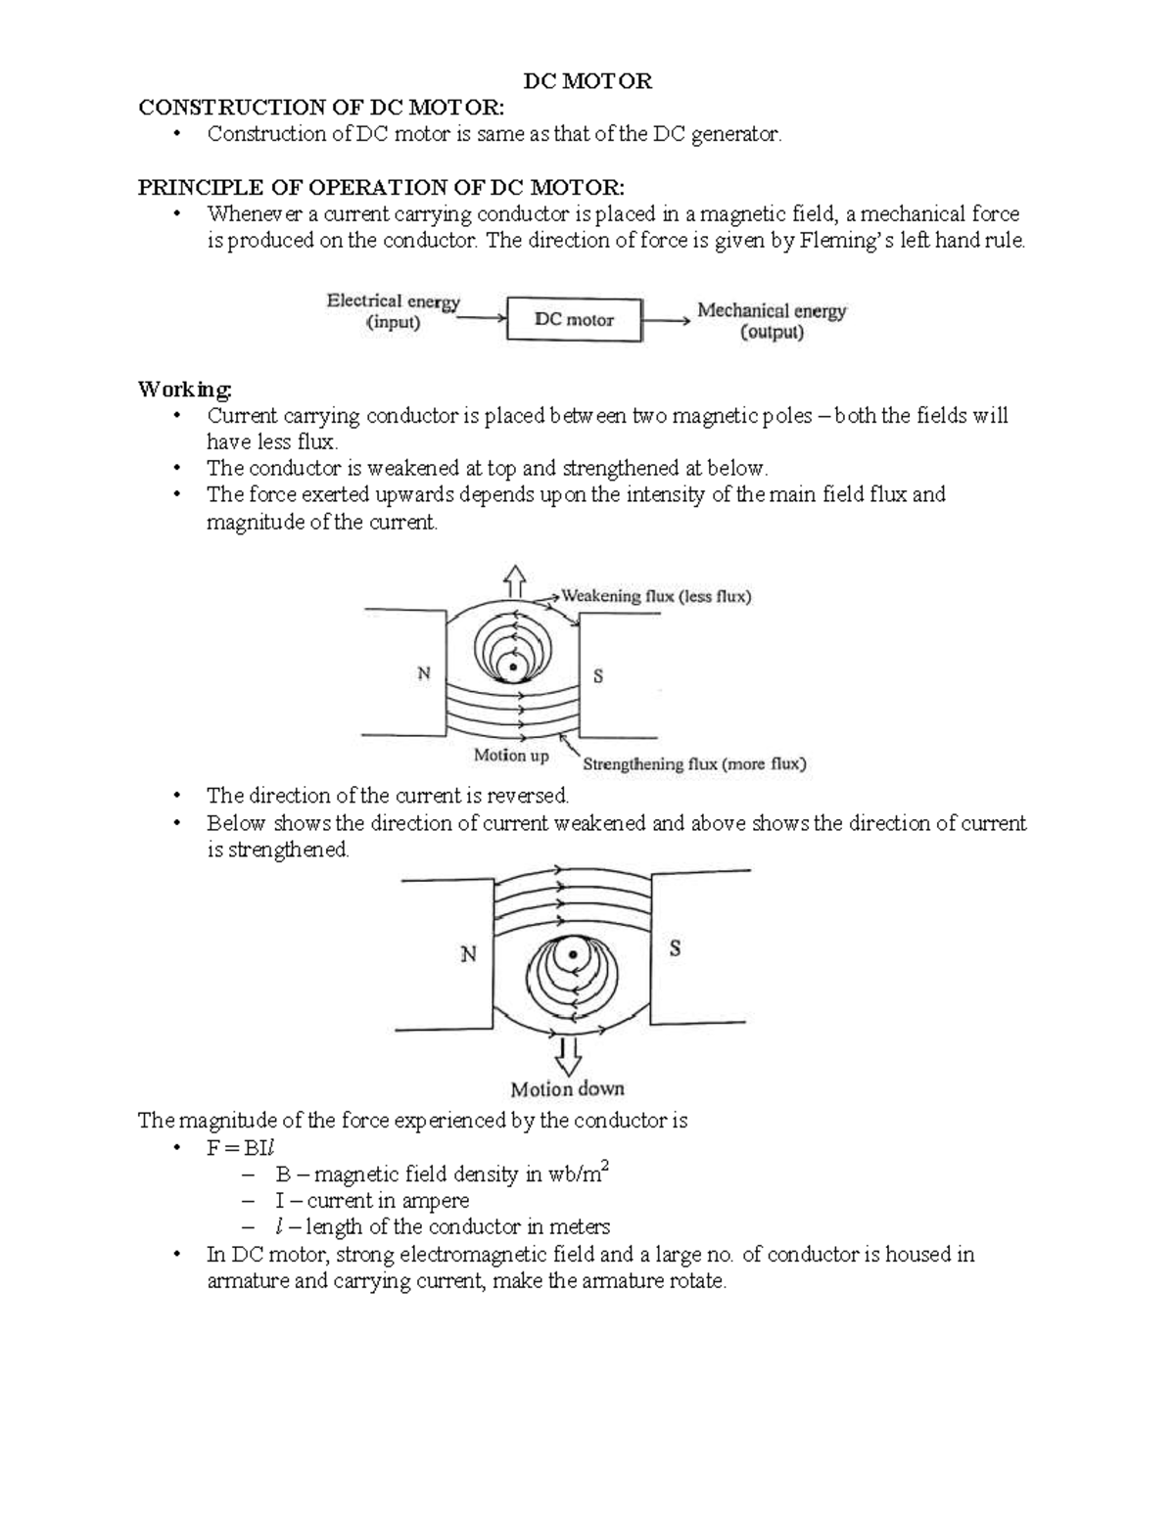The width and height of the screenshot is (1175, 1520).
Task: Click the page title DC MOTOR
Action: (587, 81)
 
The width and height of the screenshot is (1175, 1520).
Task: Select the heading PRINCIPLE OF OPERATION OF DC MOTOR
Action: (380, 187)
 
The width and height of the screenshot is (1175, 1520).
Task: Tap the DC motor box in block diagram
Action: (574, 320)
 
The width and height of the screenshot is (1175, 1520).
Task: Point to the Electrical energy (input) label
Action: (393, 311)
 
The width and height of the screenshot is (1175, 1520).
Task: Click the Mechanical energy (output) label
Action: (772, 321)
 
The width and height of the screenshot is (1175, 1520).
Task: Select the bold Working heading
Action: (185, 390)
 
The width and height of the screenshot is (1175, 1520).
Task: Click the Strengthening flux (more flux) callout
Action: (694, 764)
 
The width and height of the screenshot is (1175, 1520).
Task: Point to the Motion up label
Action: (511, 756)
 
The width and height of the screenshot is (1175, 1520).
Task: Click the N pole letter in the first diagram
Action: (424, 674)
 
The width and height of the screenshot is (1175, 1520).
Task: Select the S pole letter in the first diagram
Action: (598, 676)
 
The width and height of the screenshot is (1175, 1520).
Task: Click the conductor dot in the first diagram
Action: (509, 668)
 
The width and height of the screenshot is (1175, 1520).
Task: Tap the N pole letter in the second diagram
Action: (468, 954)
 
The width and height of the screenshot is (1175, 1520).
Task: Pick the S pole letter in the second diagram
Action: (675, 948)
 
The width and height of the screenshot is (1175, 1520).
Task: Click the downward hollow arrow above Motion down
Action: (568, 1056)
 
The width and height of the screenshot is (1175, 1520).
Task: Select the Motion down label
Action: (567, 1088)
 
